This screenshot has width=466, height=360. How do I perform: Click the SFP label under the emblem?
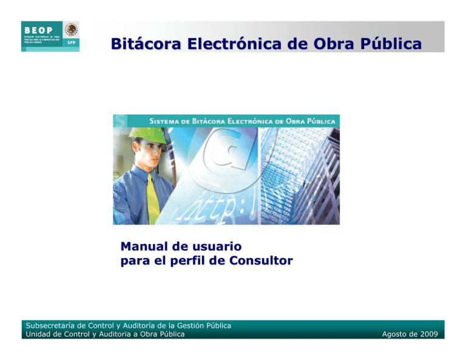pyautogui.click(x=71, y=44)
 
